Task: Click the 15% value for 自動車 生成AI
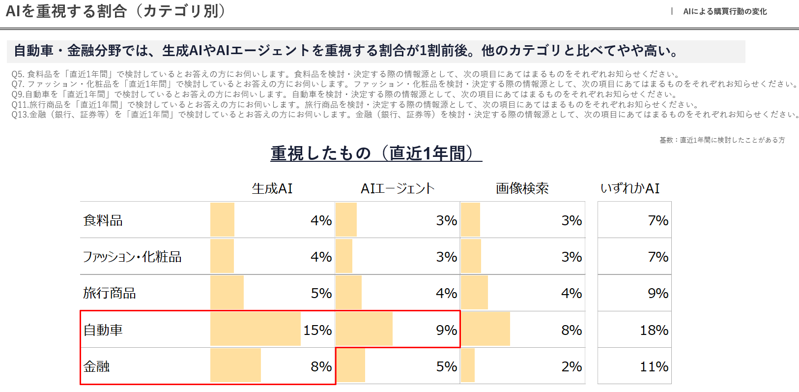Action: (x=317, y=330)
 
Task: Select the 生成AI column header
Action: (x=272, y=188)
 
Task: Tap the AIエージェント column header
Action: (x=398, y=188)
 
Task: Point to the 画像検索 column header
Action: (x=522, y=188)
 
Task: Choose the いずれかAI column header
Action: (x=630, y=188)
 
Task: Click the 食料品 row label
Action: (x=103, y=220)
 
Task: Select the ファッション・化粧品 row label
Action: (x=132, y=257)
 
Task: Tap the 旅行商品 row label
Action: (x=109, y=293)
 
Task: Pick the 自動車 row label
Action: (x=103, y=330)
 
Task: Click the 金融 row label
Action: (x=96, y=366)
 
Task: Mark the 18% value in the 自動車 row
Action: (x=654, y=330)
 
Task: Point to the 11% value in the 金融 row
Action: (x=654, y=366)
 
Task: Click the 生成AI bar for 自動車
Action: (x=255, y=329)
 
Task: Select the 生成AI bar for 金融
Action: (x=235, y=365)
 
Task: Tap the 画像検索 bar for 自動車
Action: (x=485, y=329)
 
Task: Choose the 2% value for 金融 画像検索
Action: (x=571, y=366)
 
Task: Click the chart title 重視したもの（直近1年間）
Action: (x=376, y=153)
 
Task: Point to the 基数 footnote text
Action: (x=722, y=140)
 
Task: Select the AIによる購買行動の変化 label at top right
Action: (x=725, y=11)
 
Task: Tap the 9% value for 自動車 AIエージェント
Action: (x=446, y=330)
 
